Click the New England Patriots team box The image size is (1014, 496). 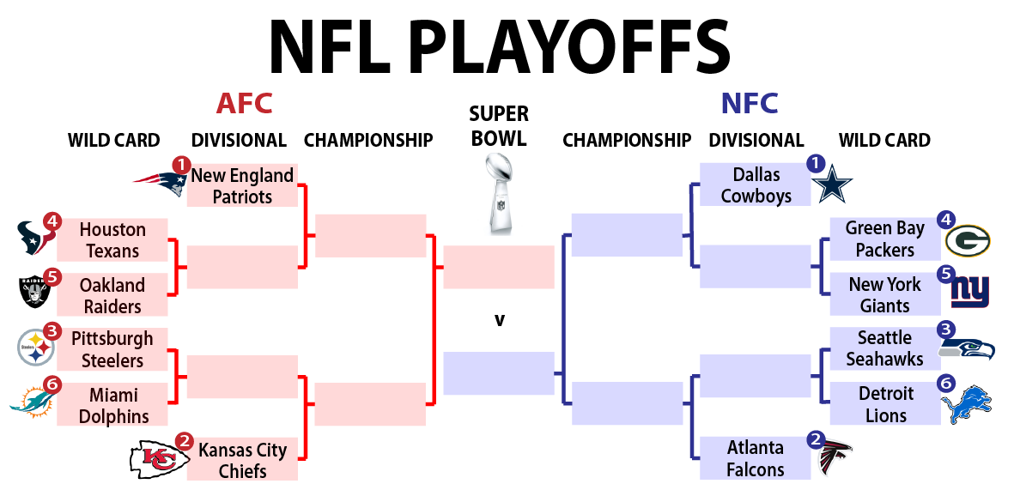click(x=242, y=185)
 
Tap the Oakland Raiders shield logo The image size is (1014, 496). click(x=33, y=293)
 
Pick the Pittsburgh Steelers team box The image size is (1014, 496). click(x=112, y=349)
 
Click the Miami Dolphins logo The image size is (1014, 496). click(x=32, y=399)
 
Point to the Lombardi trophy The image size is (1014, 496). click(x=499, y=195)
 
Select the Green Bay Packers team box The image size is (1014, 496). click(x=885, y=239)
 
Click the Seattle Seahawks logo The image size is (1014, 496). click(x=967, y=348)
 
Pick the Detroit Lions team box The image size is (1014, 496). click(x=885, y=404)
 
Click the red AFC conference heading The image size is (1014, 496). click(x=244, y=104)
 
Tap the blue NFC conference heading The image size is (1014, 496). click(x=749, y=104)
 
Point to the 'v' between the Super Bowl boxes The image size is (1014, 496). click(x=499, y=320)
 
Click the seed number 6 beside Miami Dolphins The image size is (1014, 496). click(x=52, y=385)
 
